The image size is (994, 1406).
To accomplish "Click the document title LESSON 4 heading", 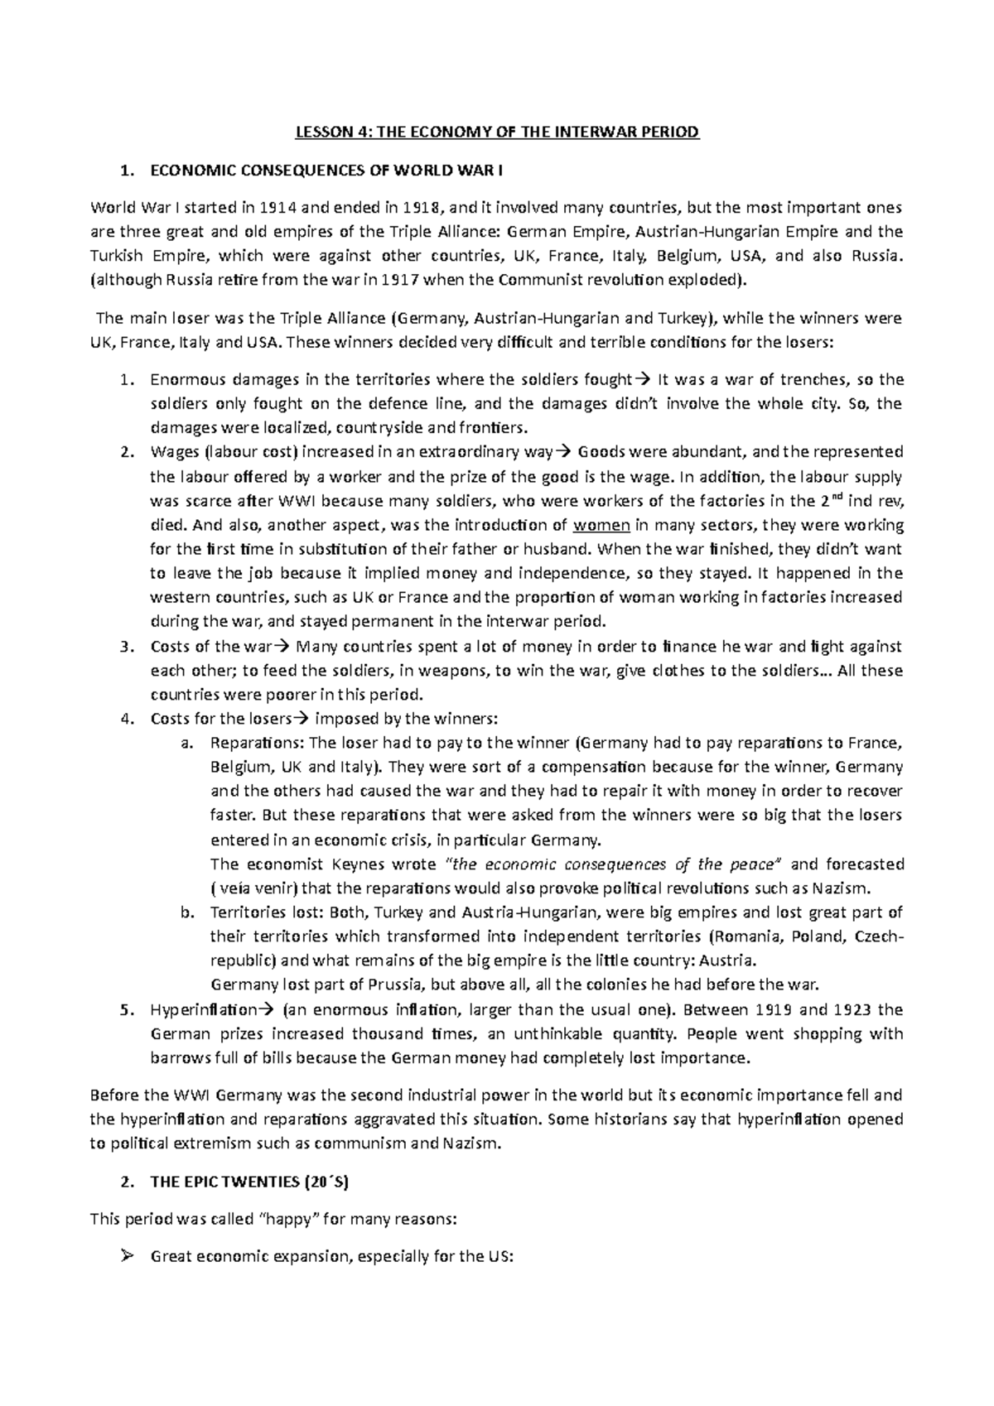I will [x=497, y=132].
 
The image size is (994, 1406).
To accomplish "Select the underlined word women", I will [x=602, y=525].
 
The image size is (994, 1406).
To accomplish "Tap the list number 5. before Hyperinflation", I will [x=126, y=1010].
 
